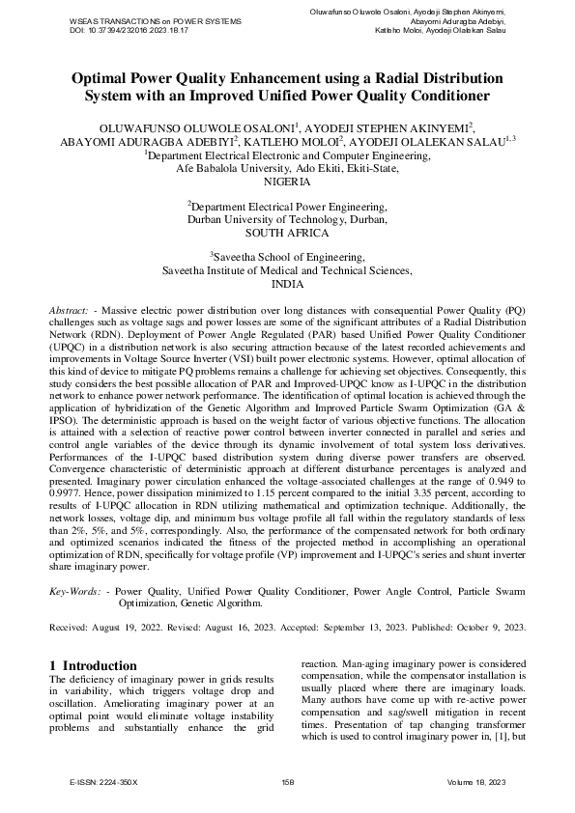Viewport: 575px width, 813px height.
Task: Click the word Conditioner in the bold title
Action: pyautogui.click(x=436, y=96)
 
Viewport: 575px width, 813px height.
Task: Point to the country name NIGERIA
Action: pyautogui.click(x=287, y=181)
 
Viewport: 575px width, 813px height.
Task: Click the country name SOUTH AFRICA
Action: pyautogui.click(x=287, y=233)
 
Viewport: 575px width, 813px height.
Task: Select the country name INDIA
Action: pyautogui.click(x=287, y=285)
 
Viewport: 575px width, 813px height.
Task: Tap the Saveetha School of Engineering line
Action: pyautogui.click(x=287, y=258)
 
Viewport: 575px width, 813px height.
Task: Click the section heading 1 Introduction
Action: pyautogui.click(x=93, y=666)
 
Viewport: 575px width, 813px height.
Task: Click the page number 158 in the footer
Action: pyautogui.click(x=287, y=781)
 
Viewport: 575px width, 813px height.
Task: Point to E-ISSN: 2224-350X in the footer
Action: pyautogui.click(x=105, y=781)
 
